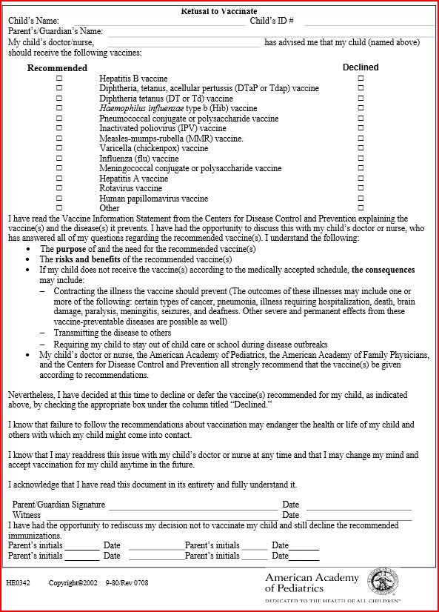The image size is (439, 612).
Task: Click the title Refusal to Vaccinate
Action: [219, 11]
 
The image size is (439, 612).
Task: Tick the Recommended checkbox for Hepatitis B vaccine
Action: [59, 78]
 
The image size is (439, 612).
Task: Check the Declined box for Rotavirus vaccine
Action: [361, 188]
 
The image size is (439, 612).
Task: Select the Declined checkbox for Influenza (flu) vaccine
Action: [361, 158]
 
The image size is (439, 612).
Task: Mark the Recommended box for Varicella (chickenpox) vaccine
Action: [59, 148]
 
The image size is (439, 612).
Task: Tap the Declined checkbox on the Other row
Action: [361, 208]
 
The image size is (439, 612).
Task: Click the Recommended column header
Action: [57, 68]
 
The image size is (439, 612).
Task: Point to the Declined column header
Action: [361, 67]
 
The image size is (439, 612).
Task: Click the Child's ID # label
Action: [272, 21]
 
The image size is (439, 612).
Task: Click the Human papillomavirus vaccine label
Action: [154, 199]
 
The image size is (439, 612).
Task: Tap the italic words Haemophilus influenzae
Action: [145, 108]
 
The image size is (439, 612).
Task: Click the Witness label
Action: [27, 515]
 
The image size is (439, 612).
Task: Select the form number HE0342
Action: [18, 583]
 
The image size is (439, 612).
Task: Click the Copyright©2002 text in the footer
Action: [73, 583]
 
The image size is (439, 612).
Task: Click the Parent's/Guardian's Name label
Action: [56, 32]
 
